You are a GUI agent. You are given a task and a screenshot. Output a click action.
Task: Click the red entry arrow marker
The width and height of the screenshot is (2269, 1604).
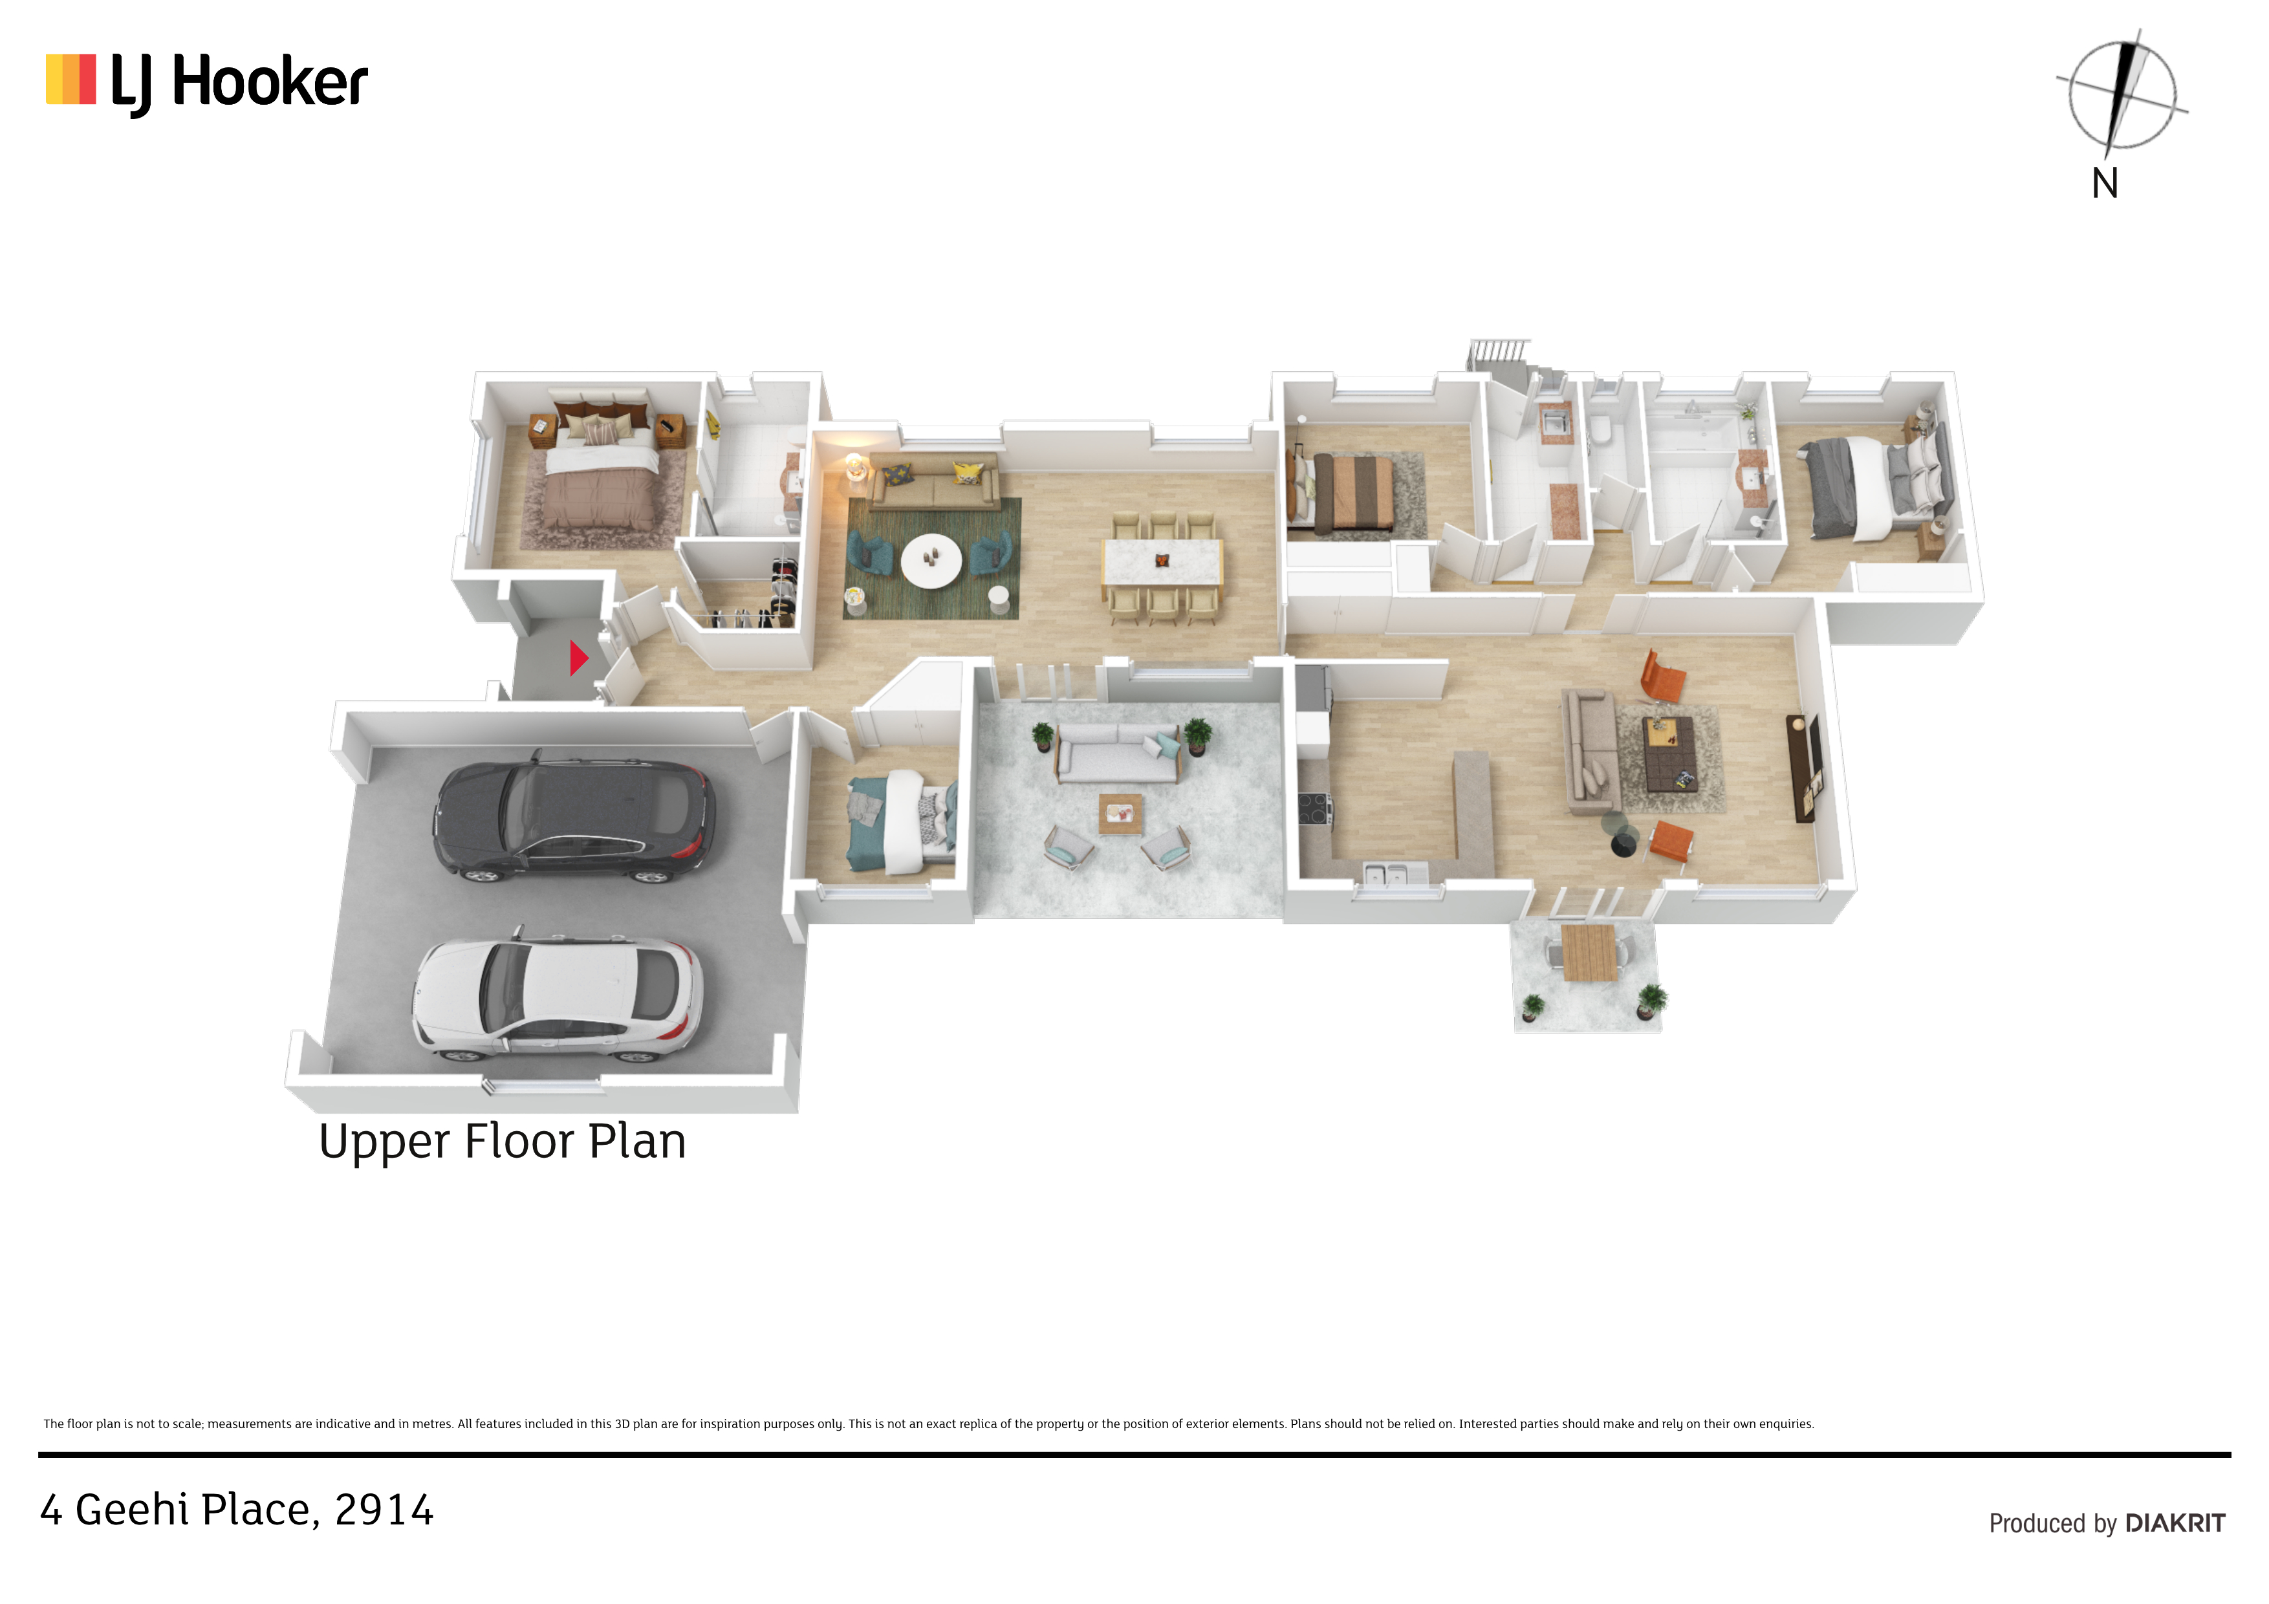pos(578,657)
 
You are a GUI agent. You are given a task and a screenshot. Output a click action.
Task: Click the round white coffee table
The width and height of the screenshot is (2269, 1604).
pos(931,560)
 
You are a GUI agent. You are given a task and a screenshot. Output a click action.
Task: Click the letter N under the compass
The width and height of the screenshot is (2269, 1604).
pos(2105,184)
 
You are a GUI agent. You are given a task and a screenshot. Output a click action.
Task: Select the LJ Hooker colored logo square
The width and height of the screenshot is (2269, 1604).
pos(70,79)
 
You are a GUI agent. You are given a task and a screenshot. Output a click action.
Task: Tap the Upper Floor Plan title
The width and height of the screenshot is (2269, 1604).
pos(502,1142)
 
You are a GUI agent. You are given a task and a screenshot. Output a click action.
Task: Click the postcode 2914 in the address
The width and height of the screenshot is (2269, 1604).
pos(384,1511)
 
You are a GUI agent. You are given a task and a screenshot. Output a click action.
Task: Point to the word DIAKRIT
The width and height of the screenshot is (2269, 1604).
pos(2175,1523)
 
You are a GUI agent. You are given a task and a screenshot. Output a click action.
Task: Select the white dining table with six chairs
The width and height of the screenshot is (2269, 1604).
pos(1162,569)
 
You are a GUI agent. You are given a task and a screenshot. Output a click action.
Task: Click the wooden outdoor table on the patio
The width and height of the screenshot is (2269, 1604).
pos(1589,951)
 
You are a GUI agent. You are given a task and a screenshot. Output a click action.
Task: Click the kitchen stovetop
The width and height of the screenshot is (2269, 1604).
pos(1314,808)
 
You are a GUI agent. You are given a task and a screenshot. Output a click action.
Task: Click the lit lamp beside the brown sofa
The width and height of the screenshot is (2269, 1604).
pos(853,466)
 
